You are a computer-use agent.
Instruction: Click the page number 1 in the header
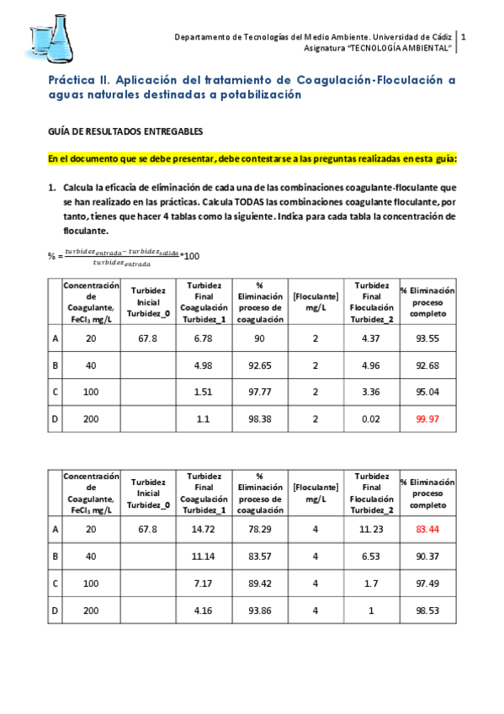464,37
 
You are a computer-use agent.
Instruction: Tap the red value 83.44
427,529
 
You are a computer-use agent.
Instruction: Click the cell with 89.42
259,583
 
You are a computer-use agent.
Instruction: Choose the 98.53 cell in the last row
427,610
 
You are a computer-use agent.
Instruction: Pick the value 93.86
259,610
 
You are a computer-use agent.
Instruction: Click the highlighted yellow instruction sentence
252,157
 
